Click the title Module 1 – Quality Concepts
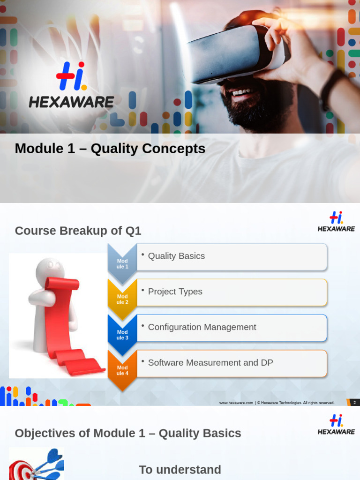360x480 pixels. [x=110, y=149]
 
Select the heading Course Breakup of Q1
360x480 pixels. [x=78, y=231]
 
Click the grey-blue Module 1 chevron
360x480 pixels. [x=122, y=263]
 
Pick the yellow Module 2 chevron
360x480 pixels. [x=122, y=299]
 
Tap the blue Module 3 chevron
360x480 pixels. [x=122, y=335]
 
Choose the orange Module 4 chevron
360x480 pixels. [x=122, y=370]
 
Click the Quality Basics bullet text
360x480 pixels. [x=176, y=256]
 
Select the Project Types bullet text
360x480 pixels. [x=175, y=292]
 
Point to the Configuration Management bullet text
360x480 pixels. [x=202, y=327]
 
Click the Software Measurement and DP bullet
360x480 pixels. [x=210, y=363]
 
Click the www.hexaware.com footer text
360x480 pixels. [x=236, y=403]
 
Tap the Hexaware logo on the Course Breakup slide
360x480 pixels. [x=336, y=222]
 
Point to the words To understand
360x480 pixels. [x=180, y=470]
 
